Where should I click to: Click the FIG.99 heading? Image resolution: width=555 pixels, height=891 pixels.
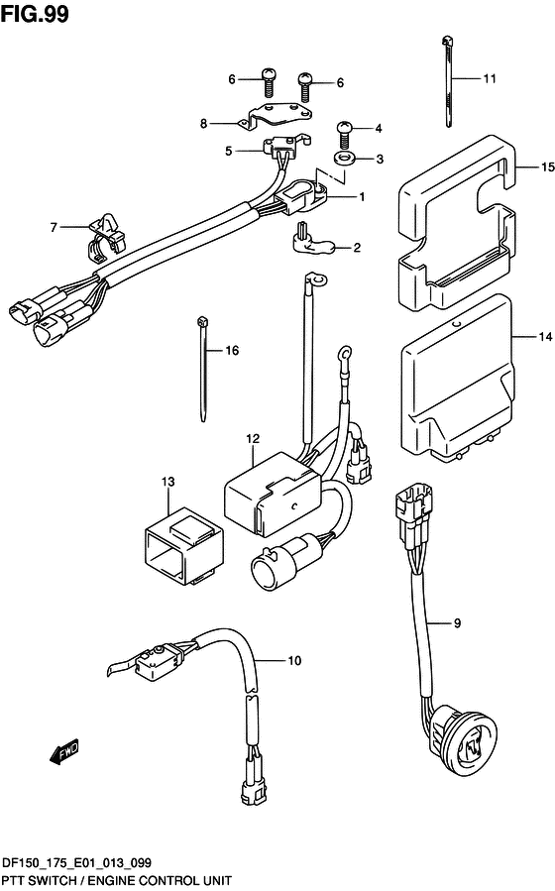pos(35,14)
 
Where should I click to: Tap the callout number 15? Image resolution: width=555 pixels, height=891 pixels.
pos(547,167)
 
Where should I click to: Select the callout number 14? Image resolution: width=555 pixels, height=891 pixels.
pos(545,337)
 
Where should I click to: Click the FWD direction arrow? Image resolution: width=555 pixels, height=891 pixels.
pos(63,752)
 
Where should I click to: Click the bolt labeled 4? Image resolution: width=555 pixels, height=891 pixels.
pos(345,134)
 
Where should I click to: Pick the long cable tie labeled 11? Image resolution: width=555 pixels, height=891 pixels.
pos(447,81)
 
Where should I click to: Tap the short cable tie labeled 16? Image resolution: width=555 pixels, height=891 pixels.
pos(203,370)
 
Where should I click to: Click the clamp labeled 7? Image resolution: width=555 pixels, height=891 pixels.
pos(106,238)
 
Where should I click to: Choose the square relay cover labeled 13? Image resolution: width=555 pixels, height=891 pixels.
pos(183,545)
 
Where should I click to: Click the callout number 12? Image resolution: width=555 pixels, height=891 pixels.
pos(253,438)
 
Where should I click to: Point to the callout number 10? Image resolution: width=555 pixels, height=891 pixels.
pos(294,660)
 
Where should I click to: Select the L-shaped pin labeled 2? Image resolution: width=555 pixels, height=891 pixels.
pos(310,240)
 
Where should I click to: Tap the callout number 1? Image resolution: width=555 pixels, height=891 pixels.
pos(362,196)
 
